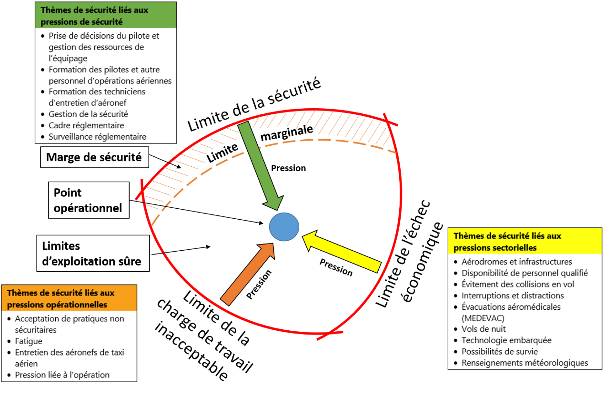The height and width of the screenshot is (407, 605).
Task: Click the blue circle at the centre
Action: pos(284,227)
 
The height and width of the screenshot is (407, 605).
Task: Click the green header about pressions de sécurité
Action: pos(105,15)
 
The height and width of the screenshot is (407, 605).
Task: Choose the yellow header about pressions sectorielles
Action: pos(524,242)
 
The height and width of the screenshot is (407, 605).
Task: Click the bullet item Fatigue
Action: pos(29,341)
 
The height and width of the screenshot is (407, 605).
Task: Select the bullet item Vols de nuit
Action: pos(484,329)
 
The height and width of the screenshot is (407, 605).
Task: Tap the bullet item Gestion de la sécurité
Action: pos(88,114)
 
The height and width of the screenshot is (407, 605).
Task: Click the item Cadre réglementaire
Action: pos(86,125)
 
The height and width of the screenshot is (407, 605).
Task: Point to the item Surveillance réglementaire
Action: pos(97,137)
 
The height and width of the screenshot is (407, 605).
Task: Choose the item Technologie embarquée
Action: pos(506,340)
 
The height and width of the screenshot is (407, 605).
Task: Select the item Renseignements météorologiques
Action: pos(524,363)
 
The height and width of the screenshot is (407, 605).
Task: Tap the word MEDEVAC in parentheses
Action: pos(483,318)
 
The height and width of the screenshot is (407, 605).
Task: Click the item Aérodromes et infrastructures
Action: pos(517,262)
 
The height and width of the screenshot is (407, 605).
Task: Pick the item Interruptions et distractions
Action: pos(513,295)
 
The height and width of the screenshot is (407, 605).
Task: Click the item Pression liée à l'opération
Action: pos(62,375)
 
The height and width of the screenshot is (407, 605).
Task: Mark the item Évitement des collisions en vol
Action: pos(518,284)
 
